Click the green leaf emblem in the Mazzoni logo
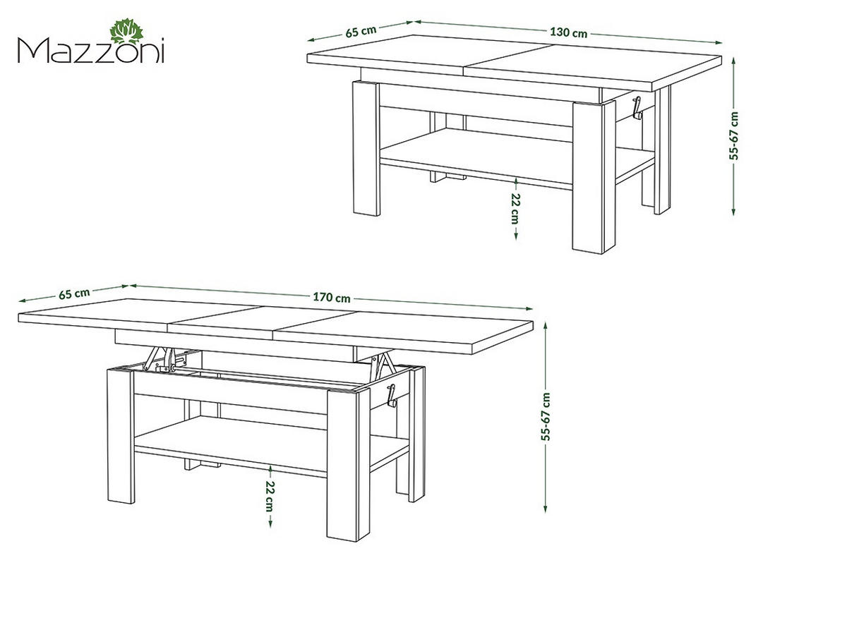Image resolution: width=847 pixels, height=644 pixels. (x=126, y=31)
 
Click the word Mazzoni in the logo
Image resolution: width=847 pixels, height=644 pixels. (x=91, y=51)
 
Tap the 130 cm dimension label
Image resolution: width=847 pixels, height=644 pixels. (x=568, y=32)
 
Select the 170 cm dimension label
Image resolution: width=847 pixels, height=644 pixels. (x=332, y=298)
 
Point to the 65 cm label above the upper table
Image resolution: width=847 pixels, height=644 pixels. (x=361, y=31)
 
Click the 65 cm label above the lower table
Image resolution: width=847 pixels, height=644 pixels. (x=74, y=293)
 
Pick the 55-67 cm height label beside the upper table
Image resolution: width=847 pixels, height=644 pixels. (x=733, y=135)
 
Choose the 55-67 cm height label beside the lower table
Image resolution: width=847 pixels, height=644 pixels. (x=546, y=417)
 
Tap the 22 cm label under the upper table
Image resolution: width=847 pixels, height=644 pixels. (x=515, y=208)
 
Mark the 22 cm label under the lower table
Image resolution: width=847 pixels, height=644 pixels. (x=270, y=496)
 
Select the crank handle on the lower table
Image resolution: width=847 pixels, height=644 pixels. (x=391, y=395)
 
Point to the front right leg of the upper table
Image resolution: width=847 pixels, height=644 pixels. (x=588, y=177)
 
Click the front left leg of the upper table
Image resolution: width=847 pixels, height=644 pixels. (x=366, y=147)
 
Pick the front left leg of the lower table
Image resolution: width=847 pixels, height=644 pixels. (x=121, y=436)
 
